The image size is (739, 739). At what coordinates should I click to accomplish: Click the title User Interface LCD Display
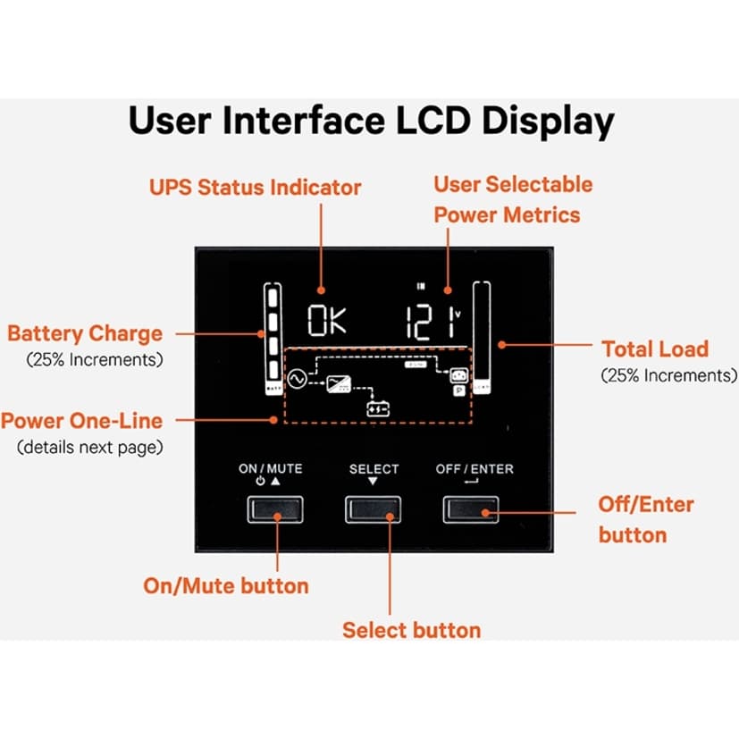[371, 122]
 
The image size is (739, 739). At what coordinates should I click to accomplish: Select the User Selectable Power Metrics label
[512, 199]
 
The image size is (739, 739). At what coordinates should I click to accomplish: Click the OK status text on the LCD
[325, 321]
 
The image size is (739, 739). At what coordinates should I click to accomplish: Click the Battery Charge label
[85, 334]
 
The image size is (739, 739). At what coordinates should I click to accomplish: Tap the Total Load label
[654, 349]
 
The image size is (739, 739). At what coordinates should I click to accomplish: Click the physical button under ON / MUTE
[275, 509]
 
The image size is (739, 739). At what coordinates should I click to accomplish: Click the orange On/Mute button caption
[225, 586]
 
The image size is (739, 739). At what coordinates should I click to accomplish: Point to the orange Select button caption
[411, 630]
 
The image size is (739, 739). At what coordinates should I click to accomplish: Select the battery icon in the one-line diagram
[380, 409]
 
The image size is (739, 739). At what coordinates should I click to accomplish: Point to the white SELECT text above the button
[374, 469]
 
